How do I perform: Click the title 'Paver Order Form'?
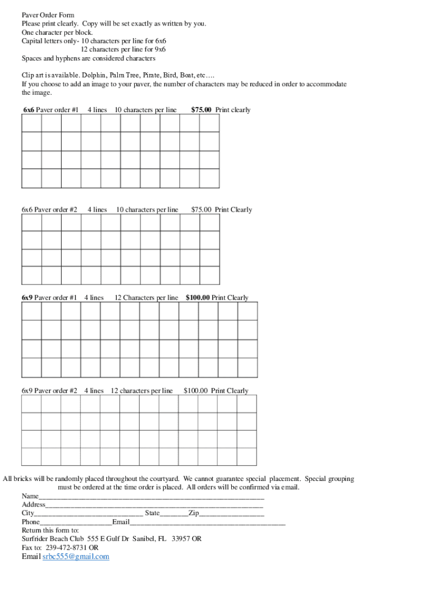coord(48,15)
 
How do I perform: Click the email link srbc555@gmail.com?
coord(76,557)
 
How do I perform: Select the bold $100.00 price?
coord(198,298)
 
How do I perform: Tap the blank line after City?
coord(88,513)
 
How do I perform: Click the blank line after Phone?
coord(76,522)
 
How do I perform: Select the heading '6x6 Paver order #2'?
coord(49,210)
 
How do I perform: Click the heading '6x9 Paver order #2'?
coord(49,391)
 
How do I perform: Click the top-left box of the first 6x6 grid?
coord(32,124)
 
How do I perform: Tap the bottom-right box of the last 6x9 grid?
coord(247,457)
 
